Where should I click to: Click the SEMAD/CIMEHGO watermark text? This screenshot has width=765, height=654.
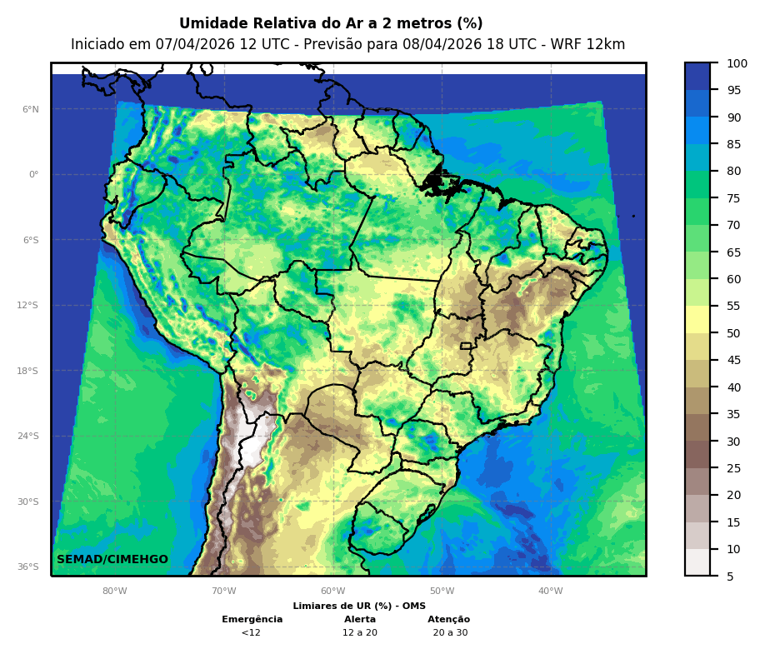pos(112,560)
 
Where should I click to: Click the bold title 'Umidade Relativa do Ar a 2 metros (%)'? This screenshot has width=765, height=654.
pos(331,24)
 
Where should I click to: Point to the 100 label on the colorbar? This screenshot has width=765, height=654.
pos(737,63)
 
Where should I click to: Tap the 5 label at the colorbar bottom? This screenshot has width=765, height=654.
pos(730,577)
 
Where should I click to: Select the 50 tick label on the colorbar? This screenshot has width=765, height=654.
pos(733,333)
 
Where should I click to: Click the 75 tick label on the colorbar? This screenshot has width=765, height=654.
pos(733,198)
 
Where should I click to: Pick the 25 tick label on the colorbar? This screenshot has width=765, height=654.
pos(733,468)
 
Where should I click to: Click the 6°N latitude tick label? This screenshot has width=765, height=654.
pos(30,109)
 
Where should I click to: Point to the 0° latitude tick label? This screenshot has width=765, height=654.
pos(33,175)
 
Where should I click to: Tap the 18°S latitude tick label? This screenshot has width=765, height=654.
pos(28,371)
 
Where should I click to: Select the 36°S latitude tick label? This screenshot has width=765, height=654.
pos(28,567)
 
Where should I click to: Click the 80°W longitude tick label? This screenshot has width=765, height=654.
pos(115,592)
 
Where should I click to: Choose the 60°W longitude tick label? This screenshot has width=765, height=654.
pos(332,592)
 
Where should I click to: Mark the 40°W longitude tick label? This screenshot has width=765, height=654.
pos(550,592)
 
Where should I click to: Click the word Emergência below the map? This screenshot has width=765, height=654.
pos(252,620)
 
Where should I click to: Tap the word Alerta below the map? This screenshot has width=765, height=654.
pos(360,620)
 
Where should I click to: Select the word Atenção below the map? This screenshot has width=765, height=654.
pos(449,620)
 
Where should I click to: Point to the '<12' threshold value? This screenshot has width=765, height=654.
pos(251,633)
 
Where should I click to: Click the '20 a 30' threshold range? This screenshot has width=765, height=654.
pos(450,633)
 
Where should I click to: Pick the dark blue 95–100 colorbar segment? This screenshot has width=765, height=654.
pos(697,76)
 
